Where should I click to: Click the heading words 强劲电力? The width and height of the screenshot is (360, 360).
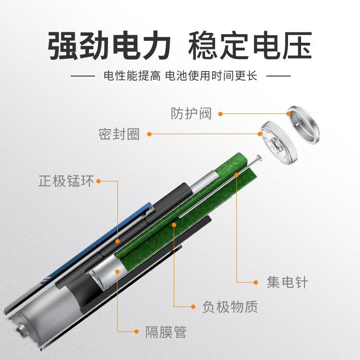point(109,46)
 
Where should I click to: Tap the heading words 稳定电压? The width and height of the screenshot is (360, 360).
point(250,46)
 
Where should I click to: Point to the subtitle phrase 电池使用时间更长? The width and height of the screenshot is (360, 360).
point(211,75)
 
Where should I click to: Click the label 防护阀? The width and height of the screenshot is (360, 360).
point(191,113)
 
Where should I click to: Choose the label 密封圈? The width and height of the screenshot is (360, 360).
point(119,134)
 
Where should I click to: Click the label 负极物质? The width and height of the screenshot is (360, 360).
point(230,307)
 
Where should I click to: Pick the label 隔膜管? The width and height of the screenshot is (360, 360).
point(166,333)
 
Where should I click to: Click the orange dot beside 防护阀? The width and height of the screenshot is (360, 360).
point(220,114)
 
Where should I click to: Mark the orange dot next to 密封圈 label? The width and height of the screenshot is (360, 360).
point(149,134)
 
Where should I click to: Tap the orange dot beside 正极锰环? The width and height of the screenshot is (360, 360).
point(99,181)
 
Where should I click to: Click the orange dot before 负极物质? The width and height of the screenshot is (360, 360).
point(193,307)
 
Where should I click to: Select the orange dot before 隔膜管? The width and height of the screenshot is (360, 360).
point(136,332)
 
